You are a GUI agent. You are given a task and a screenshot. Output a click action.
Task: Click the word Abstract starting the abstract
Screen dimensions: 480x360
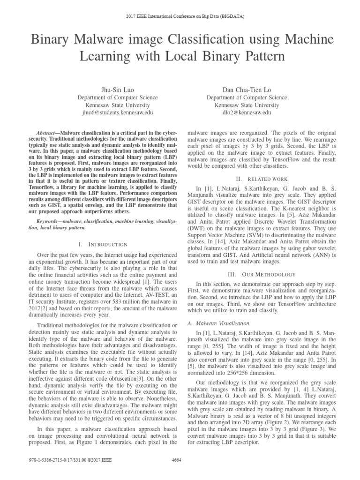point(46,133)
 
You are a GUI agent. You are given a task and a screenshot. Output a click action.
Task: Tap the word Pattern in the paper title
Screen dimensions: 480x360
point(258,58)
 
